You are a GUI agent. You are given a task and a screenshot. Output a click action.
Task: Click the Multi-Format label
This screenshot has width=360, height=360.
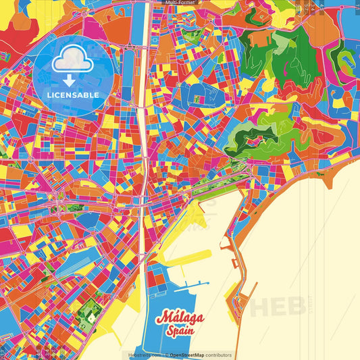[x=179, y=3]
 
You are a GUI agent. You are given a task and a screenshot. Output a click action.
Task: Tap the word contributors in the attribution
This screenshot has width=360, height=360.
[x=219, y=355]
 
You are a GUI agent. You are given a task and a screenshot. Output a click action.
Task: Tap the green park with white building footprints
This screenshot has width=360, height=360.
[x=88, y=311]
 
